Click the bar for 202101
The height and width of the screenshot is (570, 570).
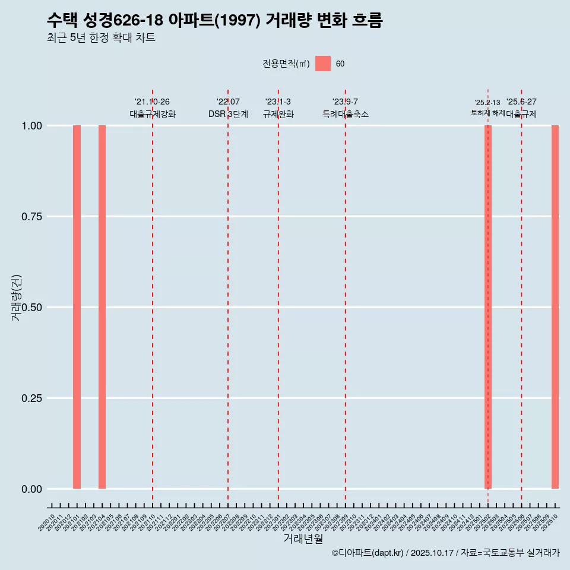coord(77,307)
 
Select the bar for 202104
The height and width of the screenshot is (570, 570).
coord(102,307)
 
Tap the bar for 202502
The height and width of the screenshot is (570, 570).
coord(488,307)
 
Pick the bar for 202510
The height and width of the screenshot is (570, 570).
coord(555,307)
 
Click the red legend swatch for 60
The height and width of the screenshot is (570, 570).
coord(322,64)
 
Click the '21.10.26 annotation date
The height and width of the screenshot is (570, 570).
coord(152,102)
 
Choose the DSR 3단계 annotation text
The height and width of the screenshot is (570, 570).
coord(228,114)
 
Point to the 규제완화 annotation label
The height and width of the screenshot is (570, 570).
coord(278,114)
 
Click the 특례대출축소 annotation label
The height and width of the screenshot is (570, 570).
coord(345,114)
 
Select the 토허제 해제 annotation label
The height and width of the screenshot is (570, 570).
coord(487,112)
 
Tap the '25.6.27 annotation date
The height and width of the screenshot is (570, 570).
coord(521,102)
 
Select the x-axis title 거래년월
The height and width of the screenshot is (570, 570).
coord(303,539)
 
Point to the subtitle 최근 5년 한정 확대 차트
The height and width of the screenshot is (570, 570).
coord(101,38)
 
